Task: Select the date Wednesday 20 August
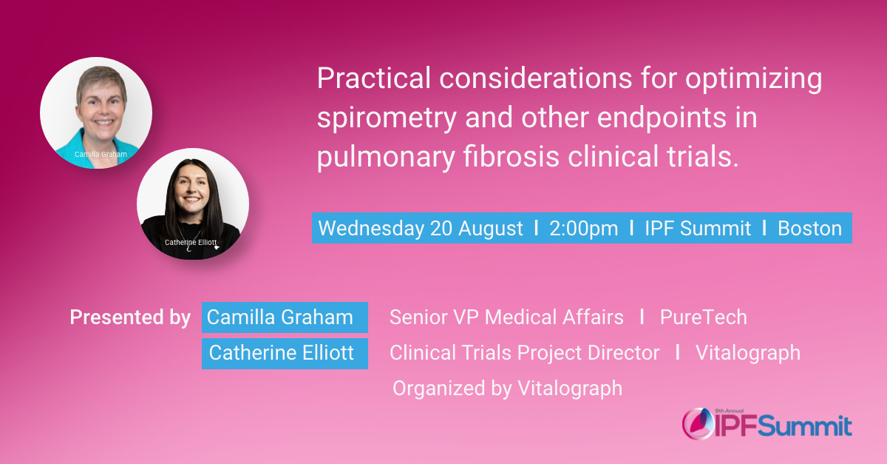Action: coord(421,229)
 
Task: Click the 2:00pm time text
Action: coord(584,229)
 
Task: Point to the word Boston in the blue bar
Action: coord(809,229)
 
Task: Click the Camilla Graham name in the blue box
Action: coord(280,317)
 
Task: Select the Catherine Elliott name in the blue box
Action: coord(282,353)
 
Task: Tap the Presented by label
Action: coord(130,317)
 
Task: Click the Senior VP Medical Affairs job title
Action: coord(506,317)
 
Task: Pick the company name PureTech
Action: coord(703,317)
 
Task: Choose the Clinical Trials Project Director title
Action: coord(524,353)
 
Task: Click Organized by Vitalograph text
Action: coord(507,388)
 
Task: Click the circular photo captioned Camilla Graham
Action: coord(96,111)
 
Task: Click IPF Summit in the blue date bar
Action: coord(698,229)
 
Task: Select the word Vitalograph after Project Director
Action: coord(747,353)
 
